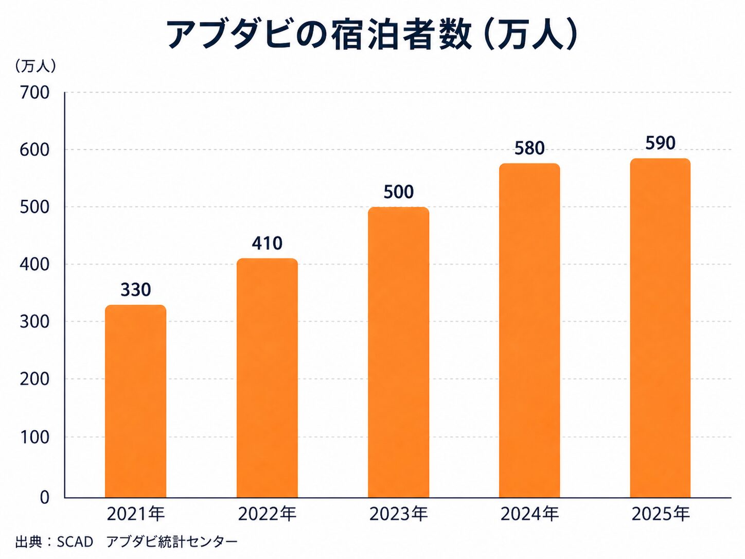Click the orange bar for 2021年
pos(135,401)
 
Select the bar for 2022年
pos(267,378)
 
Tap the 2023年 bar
pos(398,353)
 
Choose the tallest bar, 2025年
pos(660,328)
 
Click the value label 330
pos(136,290)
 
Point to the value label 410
pos(267,243)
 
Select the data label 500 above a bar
pos(398,192)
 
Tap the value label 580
pos(529,148)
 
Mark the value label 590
pos(660,143)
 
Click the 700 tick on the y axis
pos(34,93)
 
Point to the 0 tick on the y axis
pos(45,497)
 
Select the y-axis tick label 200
pos(34,379)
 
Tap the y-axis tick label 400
pos(34,265)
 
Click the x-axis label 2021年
pos(136,514)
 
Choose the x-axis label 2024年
pos(529,514)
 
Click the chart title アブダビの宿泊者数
pos(319,35)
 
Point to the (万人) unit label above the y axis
pos(35,66)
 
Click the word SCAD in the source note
pos(75,542)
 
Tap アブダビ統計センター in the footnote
pos(172,542)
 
